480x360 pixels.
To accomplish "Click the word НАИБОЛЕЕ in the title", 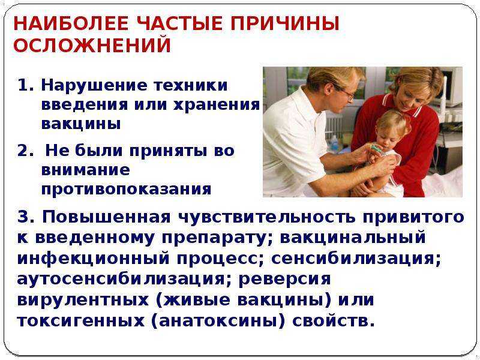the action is [71, 23].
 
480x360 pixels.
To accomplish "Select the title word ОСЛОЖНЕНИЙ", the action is [92, 46].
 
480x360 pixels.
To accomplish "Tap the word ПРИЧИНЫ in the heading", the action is [281, 23].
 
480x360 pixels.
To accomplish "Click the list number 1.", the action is [25, 85].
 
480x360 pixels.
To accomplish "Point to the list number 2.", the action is [26, 151].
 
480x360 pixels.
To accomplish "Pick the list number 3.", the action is [27, 217].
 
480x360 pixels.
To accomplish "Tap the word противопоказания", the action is [126, 189].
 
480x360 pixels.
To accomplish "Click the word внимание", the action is [85, 170].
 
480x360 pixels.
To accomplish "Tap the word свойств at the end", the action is [334, 320].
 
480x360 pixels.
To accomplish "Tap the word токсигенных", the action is [80, 321].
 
